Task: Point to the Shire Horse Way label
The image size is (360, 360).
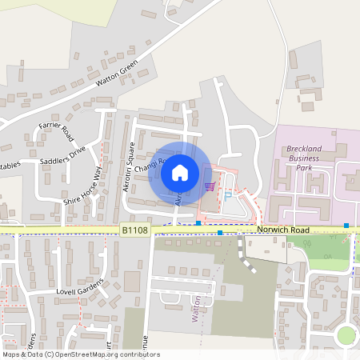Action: coord(83,186)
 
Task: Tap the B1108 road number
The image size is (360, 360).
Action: coord(135,230)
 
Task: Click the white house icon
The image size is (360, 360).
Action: coord(180,172)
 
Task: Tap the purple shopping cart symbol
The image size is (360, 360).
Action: coord(210,186)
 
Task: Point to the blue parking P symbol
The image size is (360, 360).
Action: coord(229,194)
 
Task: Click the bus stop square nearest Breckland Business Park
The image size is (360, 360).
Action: coord(346,226)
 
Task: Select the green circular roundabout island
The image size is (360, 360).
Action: coord(346,335)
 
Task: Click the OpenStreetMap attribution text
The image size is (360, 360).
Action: coord(80,354)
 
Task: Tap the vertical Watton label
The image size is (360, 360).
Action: coord(194,307)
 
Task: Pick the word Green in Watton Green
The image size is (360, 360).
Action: coord(129,66)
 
